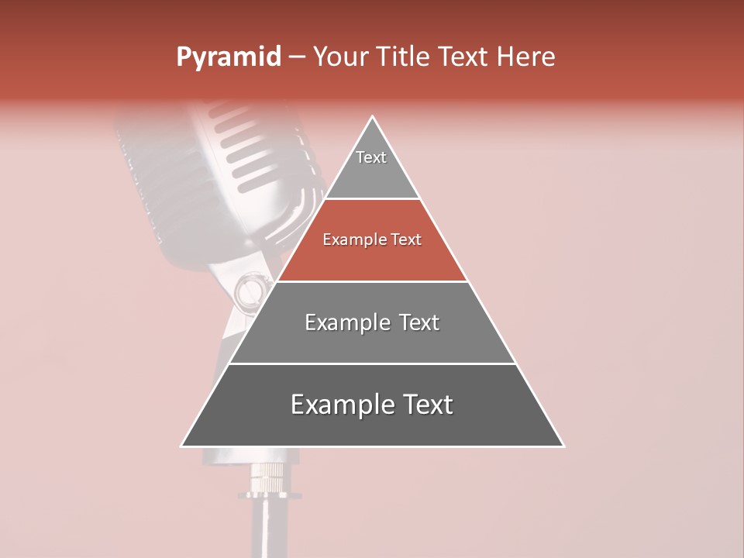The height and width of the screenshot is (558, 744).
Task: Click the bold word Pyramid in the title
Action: coord(228,57)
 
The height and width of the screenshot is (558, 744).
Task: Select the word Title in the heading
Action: coord(404,57)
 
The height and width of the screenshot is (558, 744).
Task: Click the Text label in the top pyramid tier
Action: coord(371,157)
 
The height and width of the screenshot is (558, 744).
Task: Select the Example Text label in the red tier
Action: coord(372,239)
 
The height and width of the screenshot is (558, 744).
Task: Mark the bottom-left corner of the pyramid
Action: coord(182,446)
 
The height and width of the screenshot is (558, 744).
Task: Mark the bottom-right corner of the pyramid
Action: coord(563,446)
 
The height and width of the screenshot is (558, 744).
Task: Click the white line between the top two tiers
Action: coord(372,199)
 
